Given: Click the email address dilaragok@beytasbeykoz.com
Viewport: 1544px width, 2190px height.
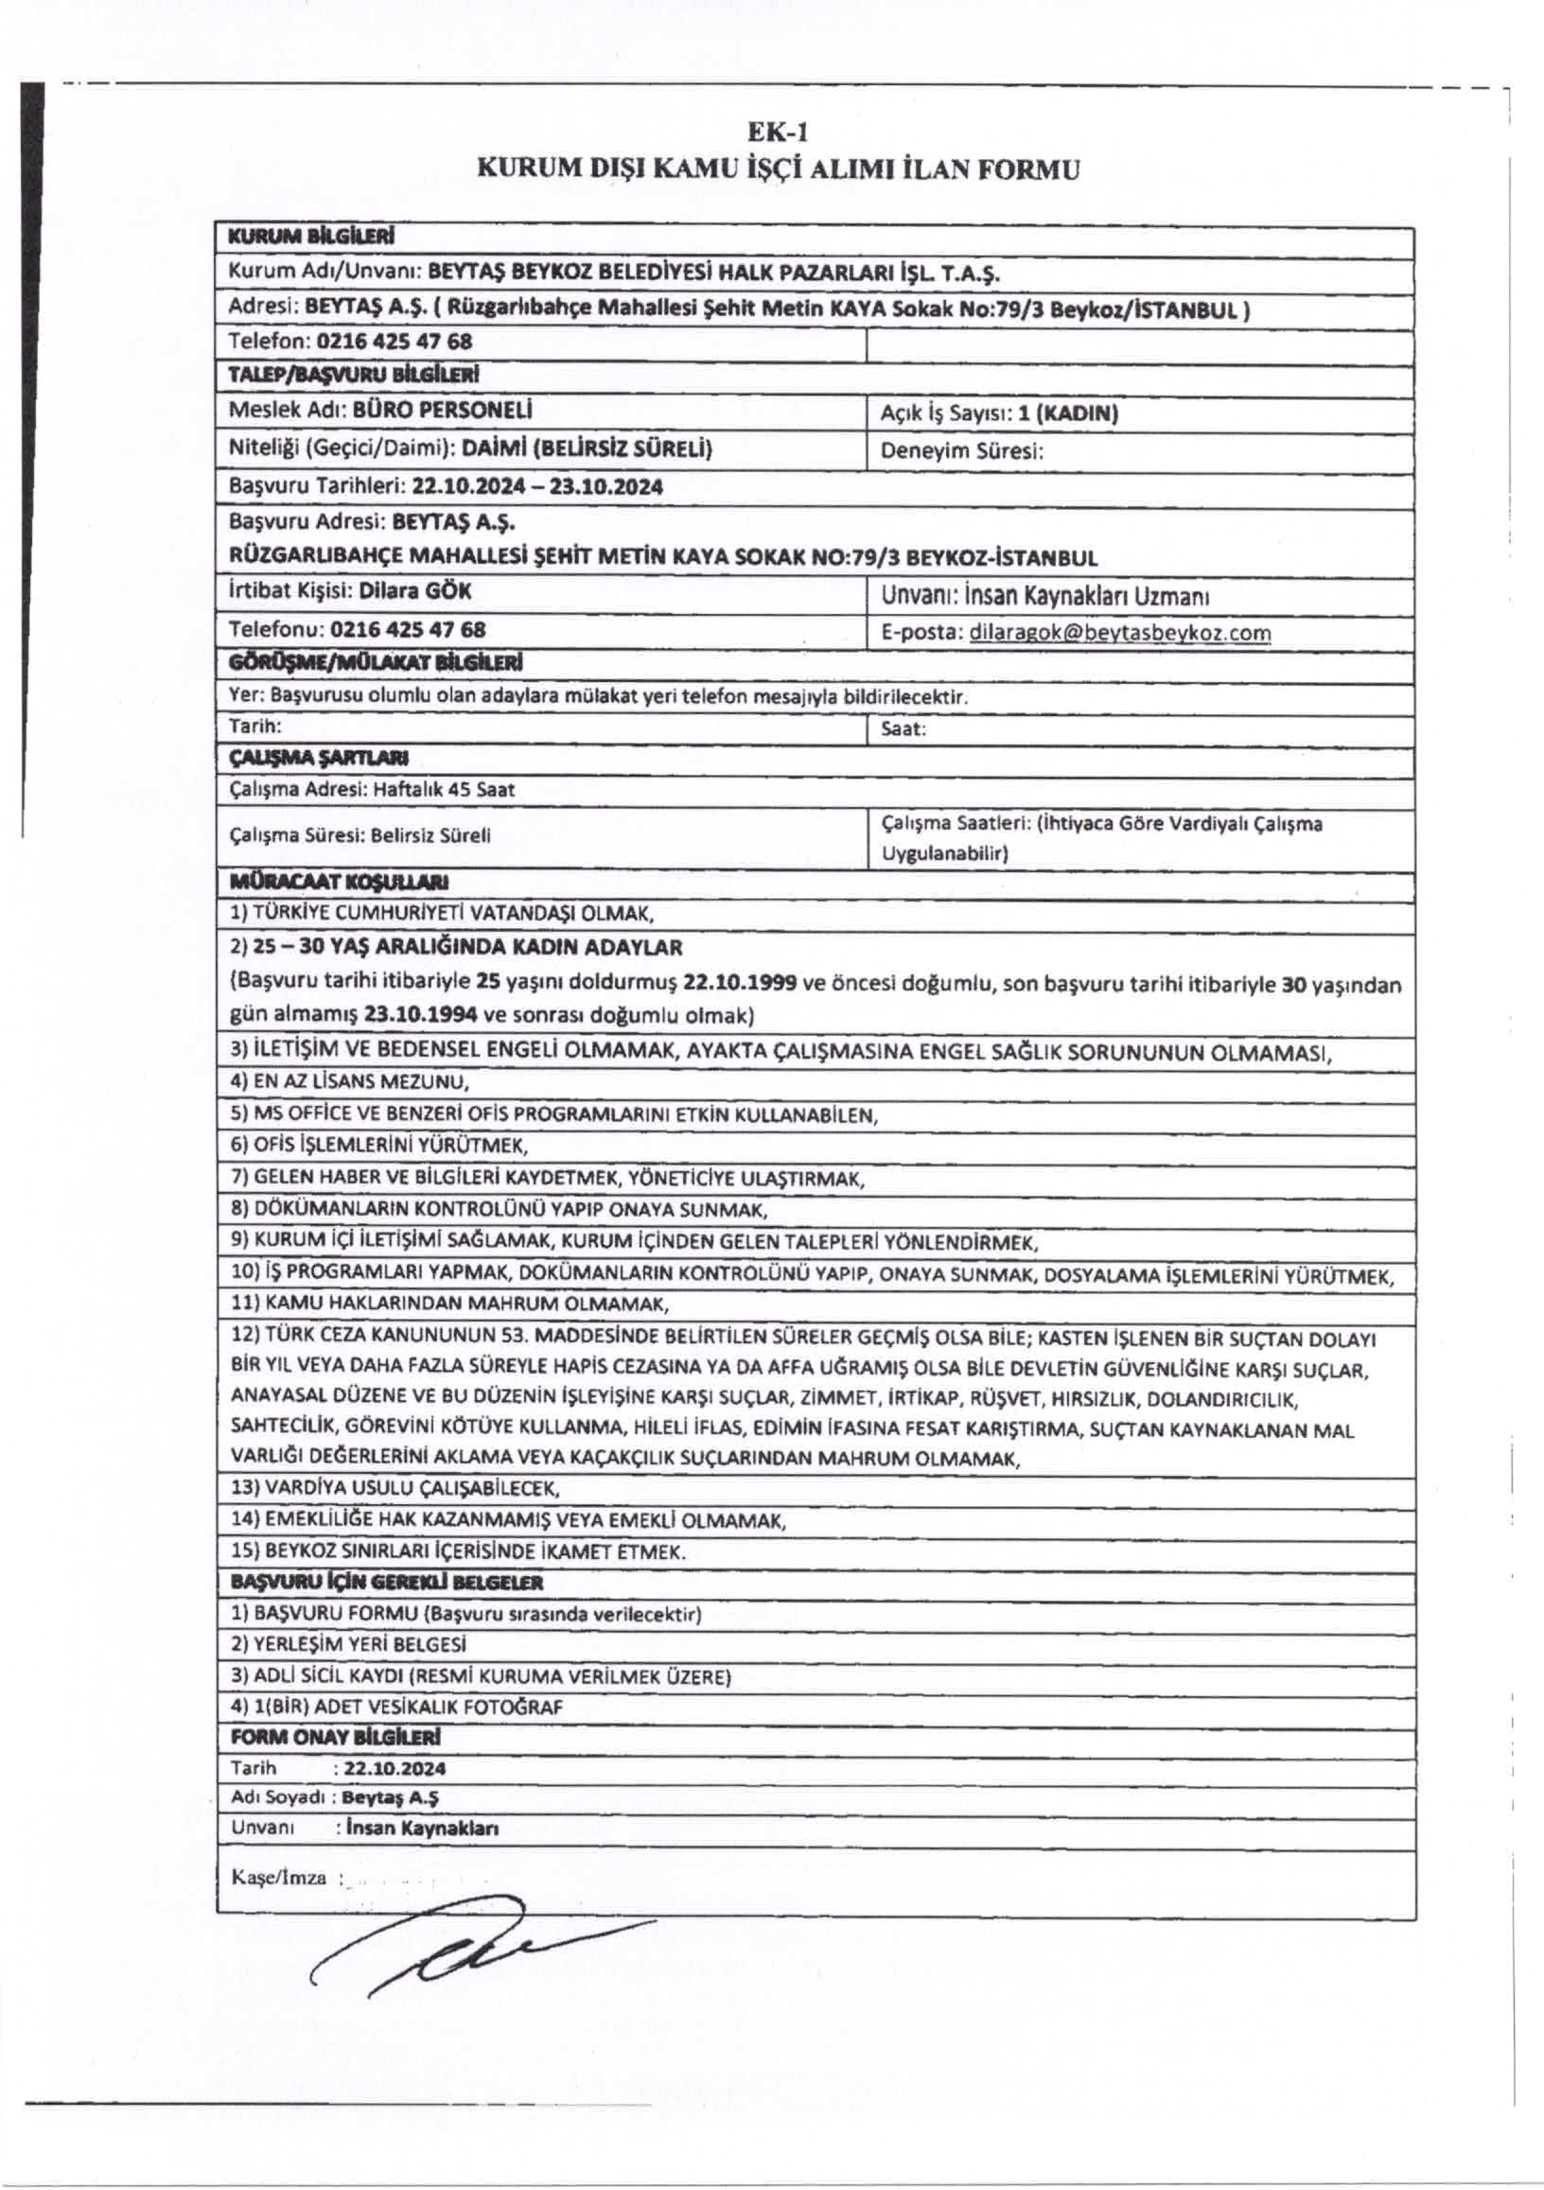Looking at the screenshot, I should (1119, 632).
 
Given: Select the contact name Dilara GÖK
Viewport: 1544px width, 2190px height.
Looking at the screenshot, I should (415, 591).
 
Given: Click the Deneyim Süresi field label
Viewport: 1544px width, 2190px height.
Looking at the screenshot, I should (962, 451).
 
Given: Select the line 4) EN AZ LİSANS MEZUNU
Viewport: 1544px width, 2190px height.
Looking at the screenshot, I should (350, 1083).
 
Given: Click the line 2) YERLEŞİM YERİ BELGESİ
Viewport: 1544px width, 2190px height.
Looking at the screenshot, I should (348, 1644).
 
